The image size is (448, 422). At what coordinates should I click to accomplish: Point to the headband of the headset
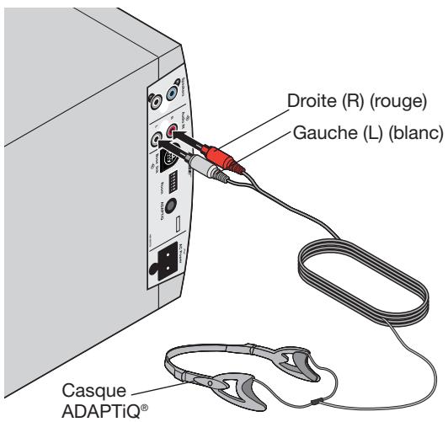tap(194, 361)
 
